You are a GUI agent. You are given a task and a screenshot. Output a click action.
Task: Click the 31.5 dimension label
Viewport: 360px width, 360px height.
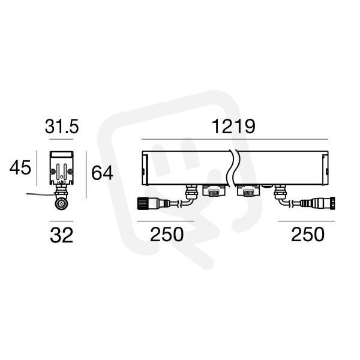pyautogui.click(x=62, y=127)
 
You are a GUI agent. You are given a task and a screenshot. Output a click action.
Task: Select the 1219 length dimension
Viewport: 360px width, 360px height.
pyautogui.click(x=233, y=127)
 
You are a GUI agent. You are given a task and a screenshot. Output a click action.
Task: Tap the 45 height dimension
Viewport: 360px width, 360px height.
pyautogui.click(x=20, y=167)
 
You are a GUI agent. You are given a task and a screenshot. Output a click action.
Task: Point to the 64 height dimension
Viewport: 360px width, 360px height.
pyautogui.click(x=102, y=173)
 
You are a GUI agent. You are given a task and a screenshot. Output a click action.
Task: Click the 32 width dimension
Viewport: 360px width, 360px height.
pyautogui.click(x=62, y=235)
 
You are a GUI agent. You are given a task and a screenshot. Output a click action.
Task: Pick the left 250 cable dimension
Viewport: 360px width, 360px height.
pyautogui.click(x=167, y=235)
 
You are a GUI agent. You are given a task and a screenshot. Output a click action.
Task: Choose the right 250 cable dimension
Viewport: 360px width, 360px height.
pyautogui.click(x=308, y=235)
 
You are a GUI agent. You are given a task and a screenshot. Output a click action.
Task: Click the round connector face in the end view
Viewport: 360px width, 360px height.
pyautogui.click(x=62, y=203)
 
